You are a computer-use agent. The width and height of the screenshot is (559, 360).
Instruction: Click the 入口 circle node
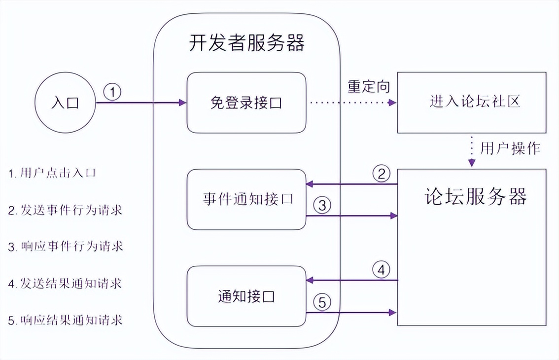click(x=65, y=103)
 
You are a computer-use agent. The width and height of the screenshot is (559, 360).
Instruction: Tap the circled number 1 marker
click(x=113, y=92)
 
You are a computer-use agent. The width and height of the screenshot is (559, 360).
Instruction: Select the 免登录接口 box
click(x=246, y=103)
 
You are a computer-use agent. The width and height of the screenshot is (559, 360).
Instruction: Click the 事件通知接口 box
click(x=246, y=199)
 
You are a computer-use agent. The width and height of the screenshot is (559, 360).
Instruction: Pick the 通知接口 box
click(x=246, y=296)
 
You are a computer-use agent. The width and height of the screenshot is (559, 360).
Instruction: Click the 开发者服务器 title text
click(x=246, y=43)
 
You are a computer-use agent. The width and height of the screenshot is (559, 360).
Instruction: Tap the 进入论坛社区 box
click(x=471, y=102)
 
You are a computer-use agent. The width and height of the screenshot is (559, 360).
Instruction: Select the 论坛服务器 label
click(x=475, y=196)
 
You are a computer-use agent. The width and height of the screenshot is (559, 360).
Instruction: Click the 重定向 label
click(x=369, y=87)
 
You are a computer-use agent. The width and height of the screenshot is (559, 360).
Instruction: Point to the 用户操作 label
click(x=510, y=148)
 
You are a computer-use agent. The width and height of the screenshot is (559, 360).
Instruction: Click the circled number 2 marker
click(x=381, y=174)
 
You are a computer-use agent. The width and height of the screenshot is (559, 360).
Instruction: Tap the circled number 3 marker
click(x=322, y=206)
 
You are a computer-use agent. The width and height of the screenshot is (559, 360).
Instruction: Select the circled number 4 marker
click(x=381, y=270)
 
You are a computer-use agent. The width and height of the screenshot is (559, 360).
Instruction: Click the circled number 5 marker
click(x=322, y=302)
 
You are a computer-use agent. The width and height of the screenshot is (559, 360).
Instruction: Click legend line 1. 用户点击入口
click(x=51, y=173)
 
